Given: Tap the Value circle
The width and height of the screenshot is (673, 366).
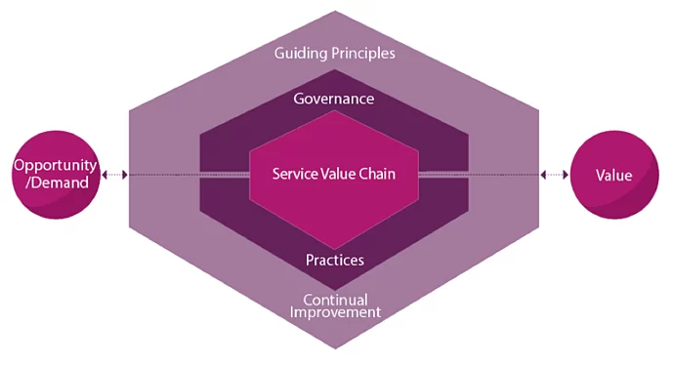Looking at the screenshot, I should click(x=613, y=175).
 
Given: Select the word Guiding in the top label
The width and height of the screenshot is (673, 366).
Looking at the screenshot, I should click(x=301, y=53).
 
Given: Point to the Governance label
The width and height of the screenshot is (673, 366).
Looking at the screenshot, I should click(x=334, y=99).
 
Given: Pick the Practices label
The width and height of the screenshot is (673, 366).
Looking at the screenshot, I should click(x=335, y=260).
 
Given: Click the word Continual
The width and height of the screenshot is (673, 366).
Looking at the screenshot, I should click(x=335, y=299).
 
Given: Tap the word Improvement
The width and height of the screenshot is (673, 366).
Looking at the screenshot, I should click(x=335, y=312).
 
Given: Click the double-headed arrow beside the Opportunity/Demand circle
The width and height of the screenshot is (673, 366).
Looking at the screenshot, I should click(x=115, y=175).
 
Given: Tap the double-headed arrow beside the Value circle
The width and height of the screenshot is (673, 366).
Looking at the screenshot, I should click(x=555, y=175).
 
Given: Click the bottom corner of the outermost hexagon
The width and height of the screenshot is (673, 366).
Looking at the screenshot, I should click(x=335, y=348).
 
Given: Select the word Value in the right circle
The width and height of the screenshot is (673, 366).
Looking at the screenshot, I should click(x=613, y=175).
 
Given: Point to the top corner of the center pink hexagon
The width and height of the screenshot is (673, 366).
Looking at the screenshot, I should click(x=335, y=111).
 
